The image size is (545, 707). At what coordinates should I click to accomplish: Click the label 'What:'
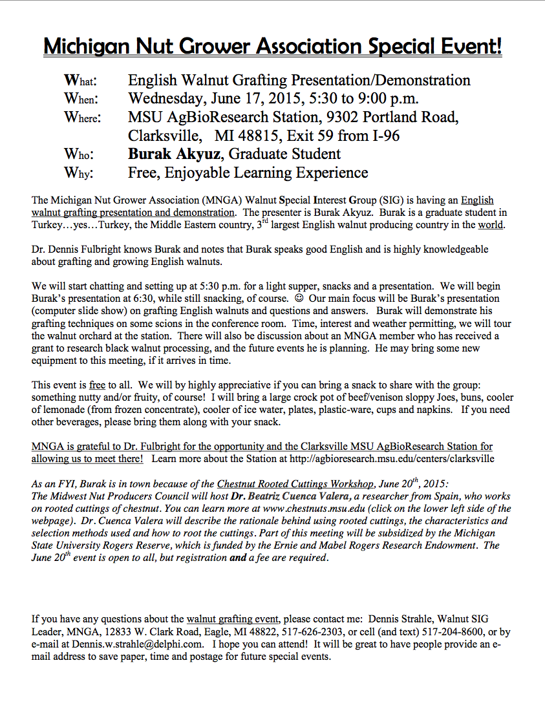click(x=80, y=81)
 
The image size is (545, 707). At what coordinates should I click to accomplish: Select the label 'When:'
click(x=80, y=99)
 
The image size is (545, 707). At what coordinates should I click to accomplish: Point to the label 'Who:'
click(x=78, y=154)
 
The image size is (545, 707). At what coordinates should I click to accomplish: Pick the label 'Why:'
click(x=78, y=173)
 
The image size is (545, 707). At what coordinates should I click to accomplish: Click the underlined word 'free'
click(x=97, y=385)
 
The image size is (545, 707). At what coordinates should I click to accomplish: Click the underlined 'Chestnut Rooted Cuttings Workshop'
click(x=295, y=484)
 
